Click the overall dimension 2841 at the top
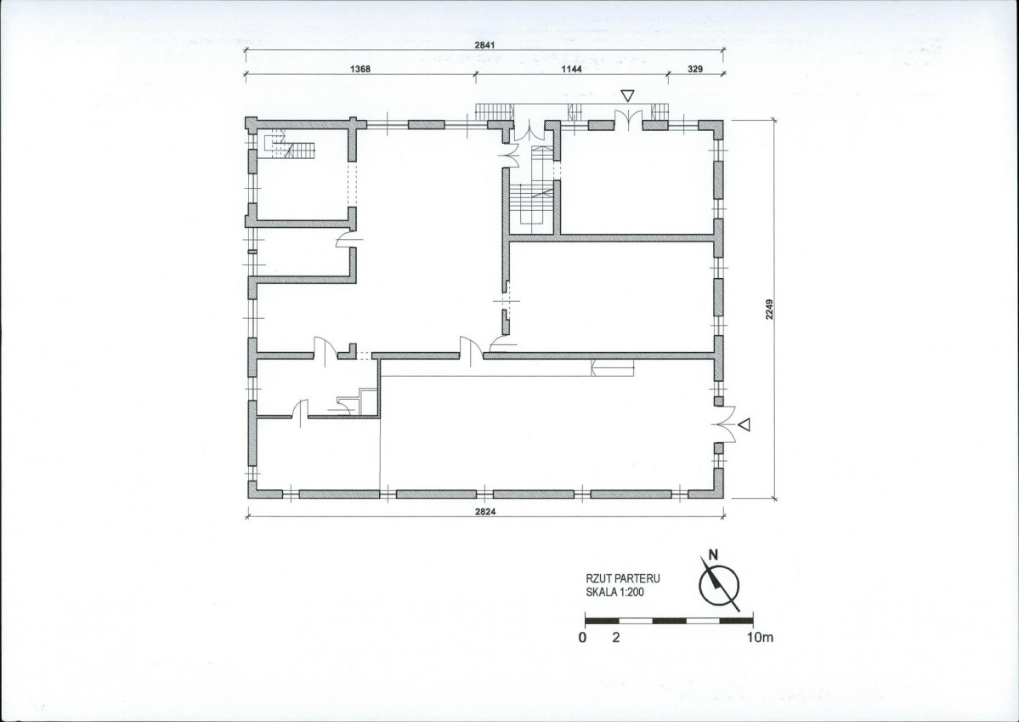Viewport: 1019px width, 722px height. [x=484, y=45]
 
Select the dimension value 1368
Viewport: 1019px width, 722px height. [x=360, y=69]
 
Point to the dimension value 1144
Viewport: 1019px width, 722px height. [x=572, y=69]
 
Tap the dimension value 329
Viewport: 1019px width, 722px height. [x=695, y=69]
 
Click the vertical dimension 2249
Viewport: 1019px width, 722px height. [x=769, y=309]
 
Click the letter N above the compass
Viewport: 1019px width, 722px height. [x=713, y=554]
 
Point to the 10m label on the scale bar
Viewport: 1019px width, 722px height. [x=760, y=638]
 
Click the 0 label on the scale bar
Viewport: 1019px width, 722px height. [x=582, y=638]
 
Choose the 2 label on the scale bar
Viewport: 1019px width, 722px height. [x=616, y=638]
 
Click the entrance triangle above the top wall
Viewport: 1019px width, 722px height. [x=627, y=96]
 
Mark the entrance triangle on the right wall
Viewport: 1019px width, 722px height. [x=744, y=424]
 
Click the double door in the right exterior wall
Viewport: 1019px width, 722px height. [x=725, y=424]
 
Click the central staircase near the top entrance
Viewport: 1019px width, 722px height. [x=536, y=189]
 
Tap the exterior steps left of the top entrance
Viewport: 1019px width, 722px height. [x=494, y=112]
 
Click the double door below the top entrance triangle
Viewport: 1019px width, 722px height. [x=628, y=120]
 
